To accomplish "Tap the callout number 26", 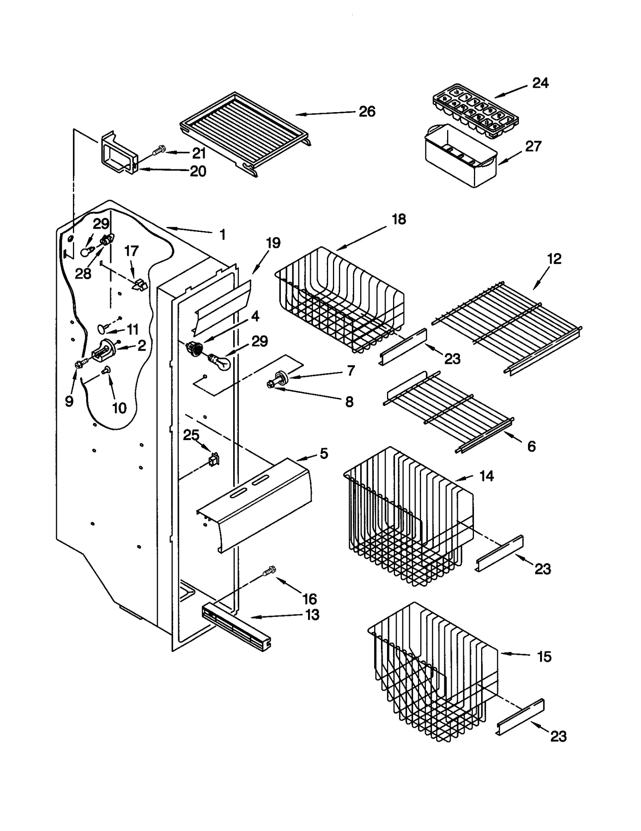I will (367, 111).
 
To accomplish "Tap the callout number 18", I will (398, 219).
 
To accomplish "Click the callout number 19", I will (273, 243).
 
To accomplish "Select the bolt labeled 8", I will (270, 385).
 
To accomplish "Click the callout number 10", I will (119, 408).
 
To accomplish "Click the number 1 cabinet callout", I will (222, 235).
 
